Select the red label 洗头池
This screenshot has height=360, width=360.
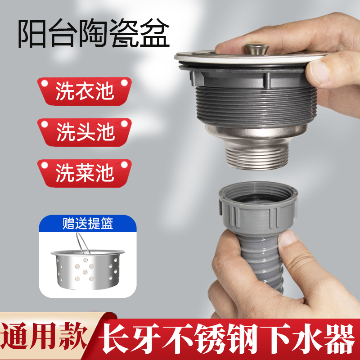coord(85,131)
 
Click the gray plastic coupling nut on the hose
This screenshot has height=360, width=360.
coord(250,207)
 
